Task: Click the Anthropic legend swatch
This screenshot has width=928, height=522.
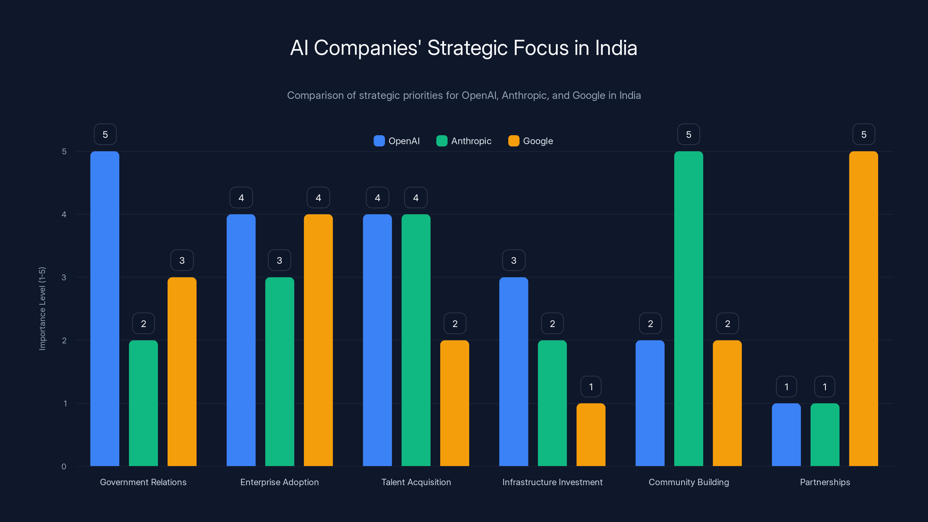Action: [442, 141]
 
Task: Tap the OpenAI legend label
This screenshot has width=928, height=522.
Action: [404, 141]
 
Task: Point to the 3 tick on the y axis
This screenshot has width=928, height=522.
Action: [64, 278]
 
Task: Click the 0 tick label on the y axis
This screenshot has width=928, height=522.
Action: [64, 467]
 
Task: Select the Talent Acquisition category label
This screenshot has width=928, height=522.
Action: [416, 482]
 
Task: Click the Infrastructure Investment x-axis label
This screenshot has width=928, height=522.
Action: [552, 482]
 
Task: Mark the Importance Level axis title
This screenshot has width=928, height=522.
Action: [42, 308]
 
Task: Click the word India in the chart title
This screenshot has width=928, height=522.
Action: [616, 48]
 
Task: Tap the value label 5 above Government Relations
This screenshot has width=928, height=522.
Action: [105, 134]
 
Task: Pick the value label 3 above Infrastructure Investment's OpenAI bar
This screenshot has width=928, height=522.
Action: [514, 260]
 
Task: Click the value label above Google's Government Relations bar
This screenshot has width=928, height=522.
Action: [182, 260]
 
